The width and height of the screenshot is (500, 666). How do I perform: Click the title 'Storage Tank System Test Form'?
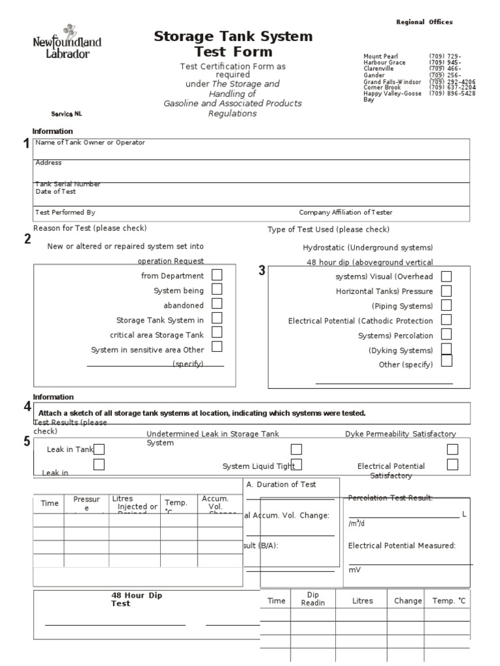(x=233, y=44)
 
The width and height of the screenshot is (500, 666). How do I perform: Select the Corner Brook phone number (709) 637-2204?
(x=452, y=87)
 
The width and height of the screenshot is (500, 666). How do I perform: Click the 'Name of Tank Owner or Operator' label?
(x=90, y=142)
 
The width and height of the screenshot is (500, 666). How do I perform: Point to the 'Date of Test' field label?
(x=55, y=192)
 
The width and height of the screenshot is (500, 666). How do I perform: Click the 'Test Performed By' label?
(x=65, y=212)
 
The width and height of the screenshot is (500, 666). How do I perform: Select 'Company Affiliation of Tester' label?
(x=345, y=212)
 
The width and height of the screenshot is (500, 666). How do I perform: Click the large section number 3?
(x=262, y=271)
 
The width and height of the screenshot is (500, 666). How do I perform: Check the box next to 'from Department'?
(x=217, y=275)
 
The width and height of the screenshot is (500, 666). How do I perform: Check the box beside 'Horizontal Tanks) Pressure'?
(x=446, y=291)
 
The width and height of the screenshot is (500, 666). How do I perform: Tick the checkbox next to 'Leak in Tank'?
(x=100, y=449)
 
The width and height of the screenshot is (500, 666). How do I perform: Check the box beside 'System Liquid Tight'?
(x=296, y=464)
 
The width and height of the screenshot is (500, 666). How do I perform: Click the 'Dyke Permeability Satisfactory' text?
(x=400, y=434)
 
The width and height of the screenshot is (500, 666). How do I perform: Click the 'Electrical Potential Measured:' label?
(x=402, y=546)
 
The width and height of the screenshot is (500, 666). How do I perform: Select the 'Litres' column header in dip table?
(x=363, y=601)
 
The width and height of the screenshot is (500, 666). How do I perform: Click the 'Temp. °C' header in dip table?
(x=449, y=601)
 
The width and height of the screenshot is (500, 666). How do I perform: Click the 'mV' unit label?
(x=354, y=569)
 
